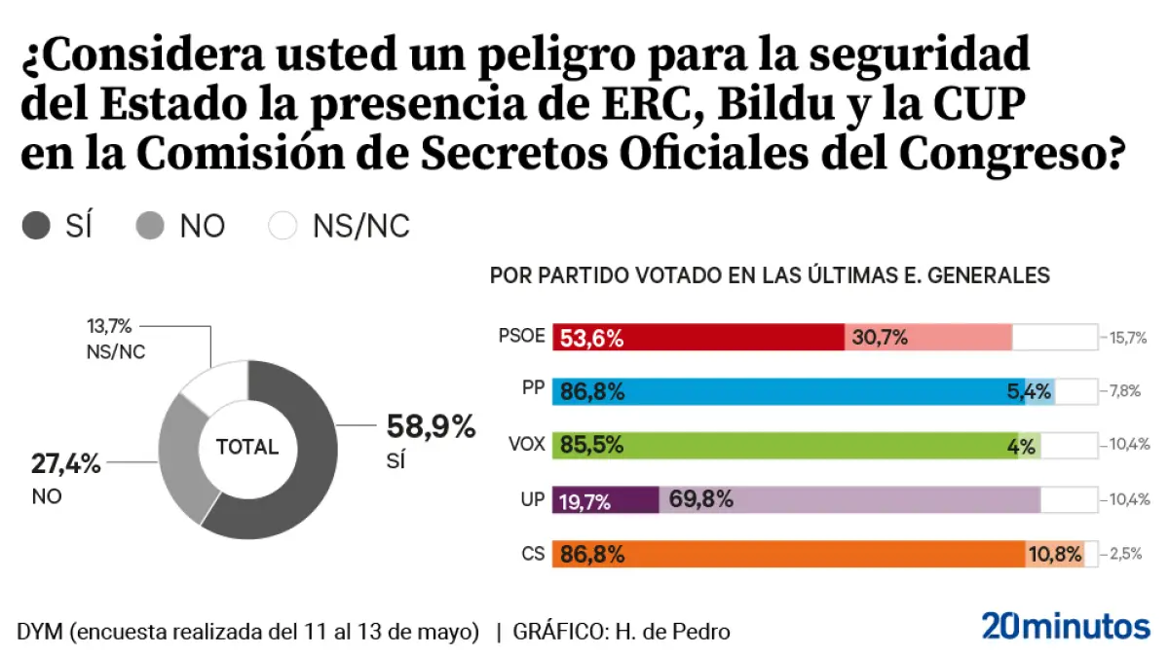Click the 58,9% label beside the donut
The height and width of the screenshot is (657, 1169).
point(431,426)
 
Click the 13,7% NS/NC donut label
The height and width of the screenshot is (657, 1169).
point(109,327)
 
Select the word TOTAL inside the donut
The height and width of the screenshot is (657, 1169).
point(247,448)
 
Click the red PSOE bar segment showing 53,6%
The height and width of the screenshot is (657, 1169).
point(698,338)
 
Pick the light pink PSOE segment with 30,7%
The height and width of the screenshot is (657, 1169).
point(928,338)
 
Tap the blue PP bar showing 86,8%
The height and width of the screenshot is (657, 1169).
point(788,392)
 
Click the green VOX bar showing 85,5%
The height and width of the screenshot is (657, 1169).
point(785,446)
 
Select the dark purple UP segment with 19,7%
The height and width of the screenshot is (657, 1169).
point(606,500)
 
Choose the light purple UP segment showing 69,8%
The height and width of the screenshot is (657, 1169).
point(849,500)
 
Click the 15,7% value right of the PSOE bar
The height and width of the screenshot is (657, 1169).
point(1127,339)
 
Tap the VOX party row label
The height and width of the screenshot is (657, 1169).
point(526,446)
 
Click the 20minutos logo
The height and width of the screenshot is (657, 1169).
point(1066,626)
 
